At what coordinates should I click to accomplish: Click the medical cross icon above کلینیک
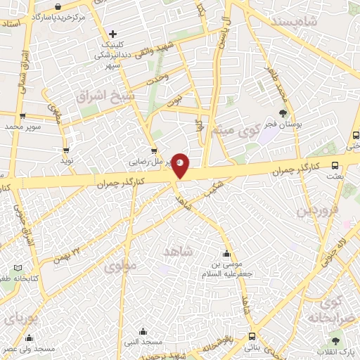pyautogui.click(x=113, y=33)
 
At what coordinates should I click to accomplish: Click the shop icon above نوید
pyautogui.click(x=67, y=150)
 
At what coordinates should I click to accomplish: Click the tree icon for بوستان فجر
pyautogui.click(x=283, y=113)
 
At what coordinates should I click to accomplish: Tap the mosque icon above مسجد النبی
pyautogui.click(x=143, y=331)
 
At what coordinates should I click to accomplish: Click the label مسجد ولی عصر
pyautogui.click(x=29, y=349)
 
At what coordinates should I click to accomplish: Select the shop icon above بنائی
pyautogui.click(x=251, y=336)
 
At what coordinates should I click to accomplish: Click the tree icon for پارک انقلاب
pyautogui.click(x=335, y=340)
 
